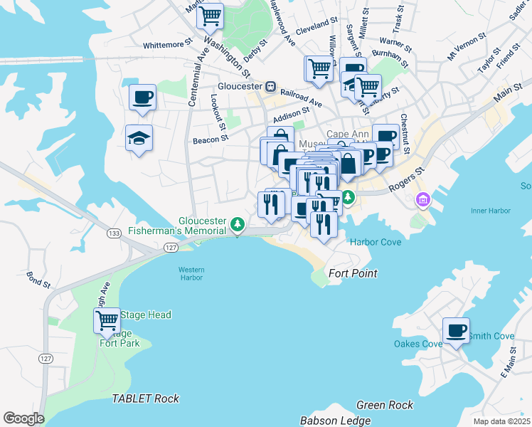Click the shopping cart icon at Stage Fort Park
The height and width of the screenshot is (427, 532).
(x=107, y=320)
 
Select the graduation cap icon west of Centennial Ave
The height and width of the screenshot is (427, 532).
(x=139, y=138)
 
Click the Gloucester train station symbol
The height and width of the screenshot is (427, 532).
(x=270, y=87)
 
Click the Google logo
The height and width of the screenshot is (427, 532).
(x=23, y=418)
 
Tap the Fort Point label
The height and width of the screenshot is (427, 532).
(x=352, y=273)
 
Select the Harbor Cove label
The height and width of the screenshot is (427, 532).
(x=376, y=242)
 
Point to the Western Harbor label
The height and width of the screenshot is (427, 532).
(x=191, y=273)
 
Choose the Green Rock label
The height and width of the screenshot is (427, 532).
(x=385, y=405)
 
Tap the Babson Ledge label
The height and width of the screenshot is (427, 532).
(x=335, y=421)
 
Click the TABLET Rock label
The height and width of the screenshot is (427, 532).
(x=146, y=399)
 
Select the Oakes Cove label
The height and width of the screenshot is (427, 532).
(x=418, y=344)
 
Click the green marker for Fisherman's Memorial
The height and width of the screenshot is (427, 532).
(x=238, y=226)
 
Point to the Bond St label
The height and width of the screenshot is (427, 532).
(x=39, y=279)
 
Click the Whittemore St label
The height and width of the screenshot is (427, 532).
(x=169, y=44)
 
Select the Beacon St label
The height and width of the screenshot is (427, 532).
(x=209, y=140)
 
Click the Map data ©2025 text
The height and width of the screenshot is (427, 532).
(x=501, y=421)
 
